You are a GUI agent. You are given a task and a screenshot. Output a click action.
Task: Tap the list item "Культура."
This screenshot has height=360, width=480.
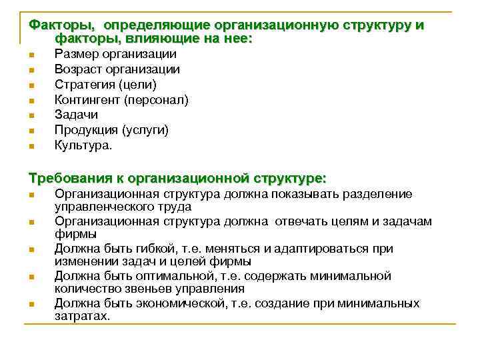point(83,145)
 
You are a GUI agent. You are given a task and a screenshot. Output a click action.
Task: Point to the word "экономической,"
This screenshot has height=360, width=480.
point(180,303)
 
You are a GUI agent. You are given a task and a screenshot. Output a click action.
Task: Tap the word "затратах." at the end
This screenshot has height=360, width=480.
point(82,317)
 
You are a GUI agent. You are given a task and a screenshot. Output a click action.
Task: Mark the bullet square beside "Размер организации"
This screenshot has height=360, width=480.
point(31,55)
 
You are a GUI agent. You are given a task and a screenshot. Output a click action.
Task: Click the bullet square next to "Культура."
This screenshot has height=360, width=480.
point(31,145)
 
